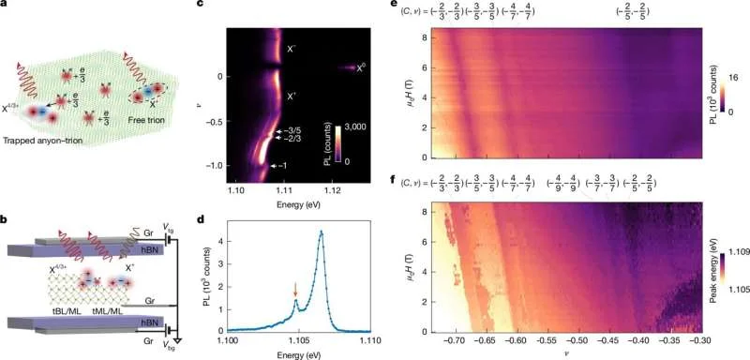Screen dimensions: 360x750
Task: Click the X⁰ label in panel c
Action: tap(350, 67)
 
